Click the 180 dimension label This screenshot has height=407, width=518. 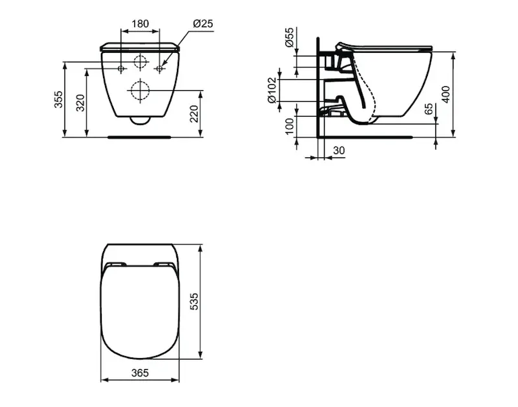point(140,24)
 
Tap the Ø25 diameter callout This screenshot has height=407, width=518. point(203,24)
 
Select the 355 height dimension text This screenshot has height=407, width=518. point(58,99)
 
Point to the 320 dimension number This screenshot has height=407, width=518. point(80,103)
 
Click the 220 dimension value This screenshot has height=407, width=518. point(194,113)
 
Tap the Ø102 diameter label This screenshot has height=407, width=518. point(272,90)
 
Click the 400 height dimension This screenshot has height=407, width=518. point(445,94)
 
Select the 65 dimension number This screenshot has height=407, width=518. point(428,109)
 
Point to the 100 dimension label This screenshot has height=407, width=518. point(289,126)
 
